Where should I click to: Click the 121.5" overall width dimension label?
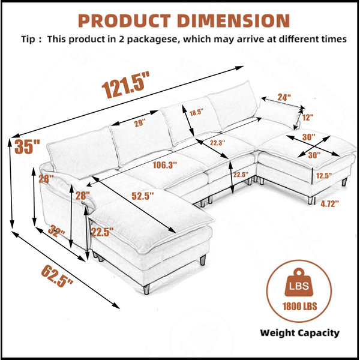point(125,85)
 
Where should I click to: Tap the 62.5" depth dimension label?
point(57,275)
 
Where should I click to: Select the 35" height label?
point(27,146)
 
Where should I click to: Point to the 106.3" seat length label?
point(165,165)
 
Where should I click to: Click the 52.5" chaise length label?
point(143,196)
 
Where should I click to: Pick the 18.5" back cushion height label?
point(196,113)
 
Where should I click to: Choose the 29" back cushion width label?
point(140,123)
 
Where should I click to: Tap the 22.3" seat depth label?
point(217,143)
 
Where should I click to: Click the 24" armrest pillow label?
point(284,97)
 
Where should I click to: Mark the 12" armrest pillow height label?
point(308,118)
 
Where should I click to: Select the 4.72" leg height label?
point(329,203)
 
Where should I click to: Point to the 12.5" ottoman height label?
point(324,176)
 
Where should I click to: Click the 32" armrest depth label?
point(56,231)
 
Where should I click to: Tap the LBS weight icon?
point(299,282)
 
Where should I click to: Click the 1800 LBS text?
point(299,307)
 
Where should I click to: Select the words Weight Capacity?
point(299,333)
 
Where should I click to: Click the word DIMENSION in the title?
point(233,20)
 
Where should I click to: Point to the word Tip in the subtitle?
point(28,39)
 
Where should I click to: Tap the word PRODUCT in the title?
point(124,20)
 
